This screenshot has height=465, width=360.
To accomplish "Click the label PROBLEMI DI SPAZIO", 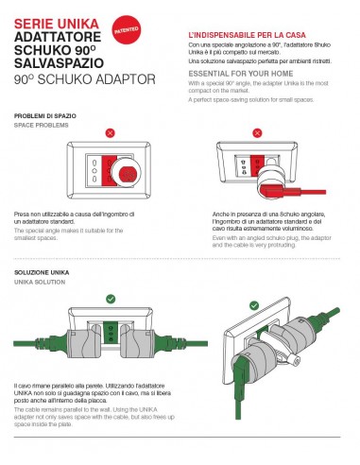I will (x=45, y=115).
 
